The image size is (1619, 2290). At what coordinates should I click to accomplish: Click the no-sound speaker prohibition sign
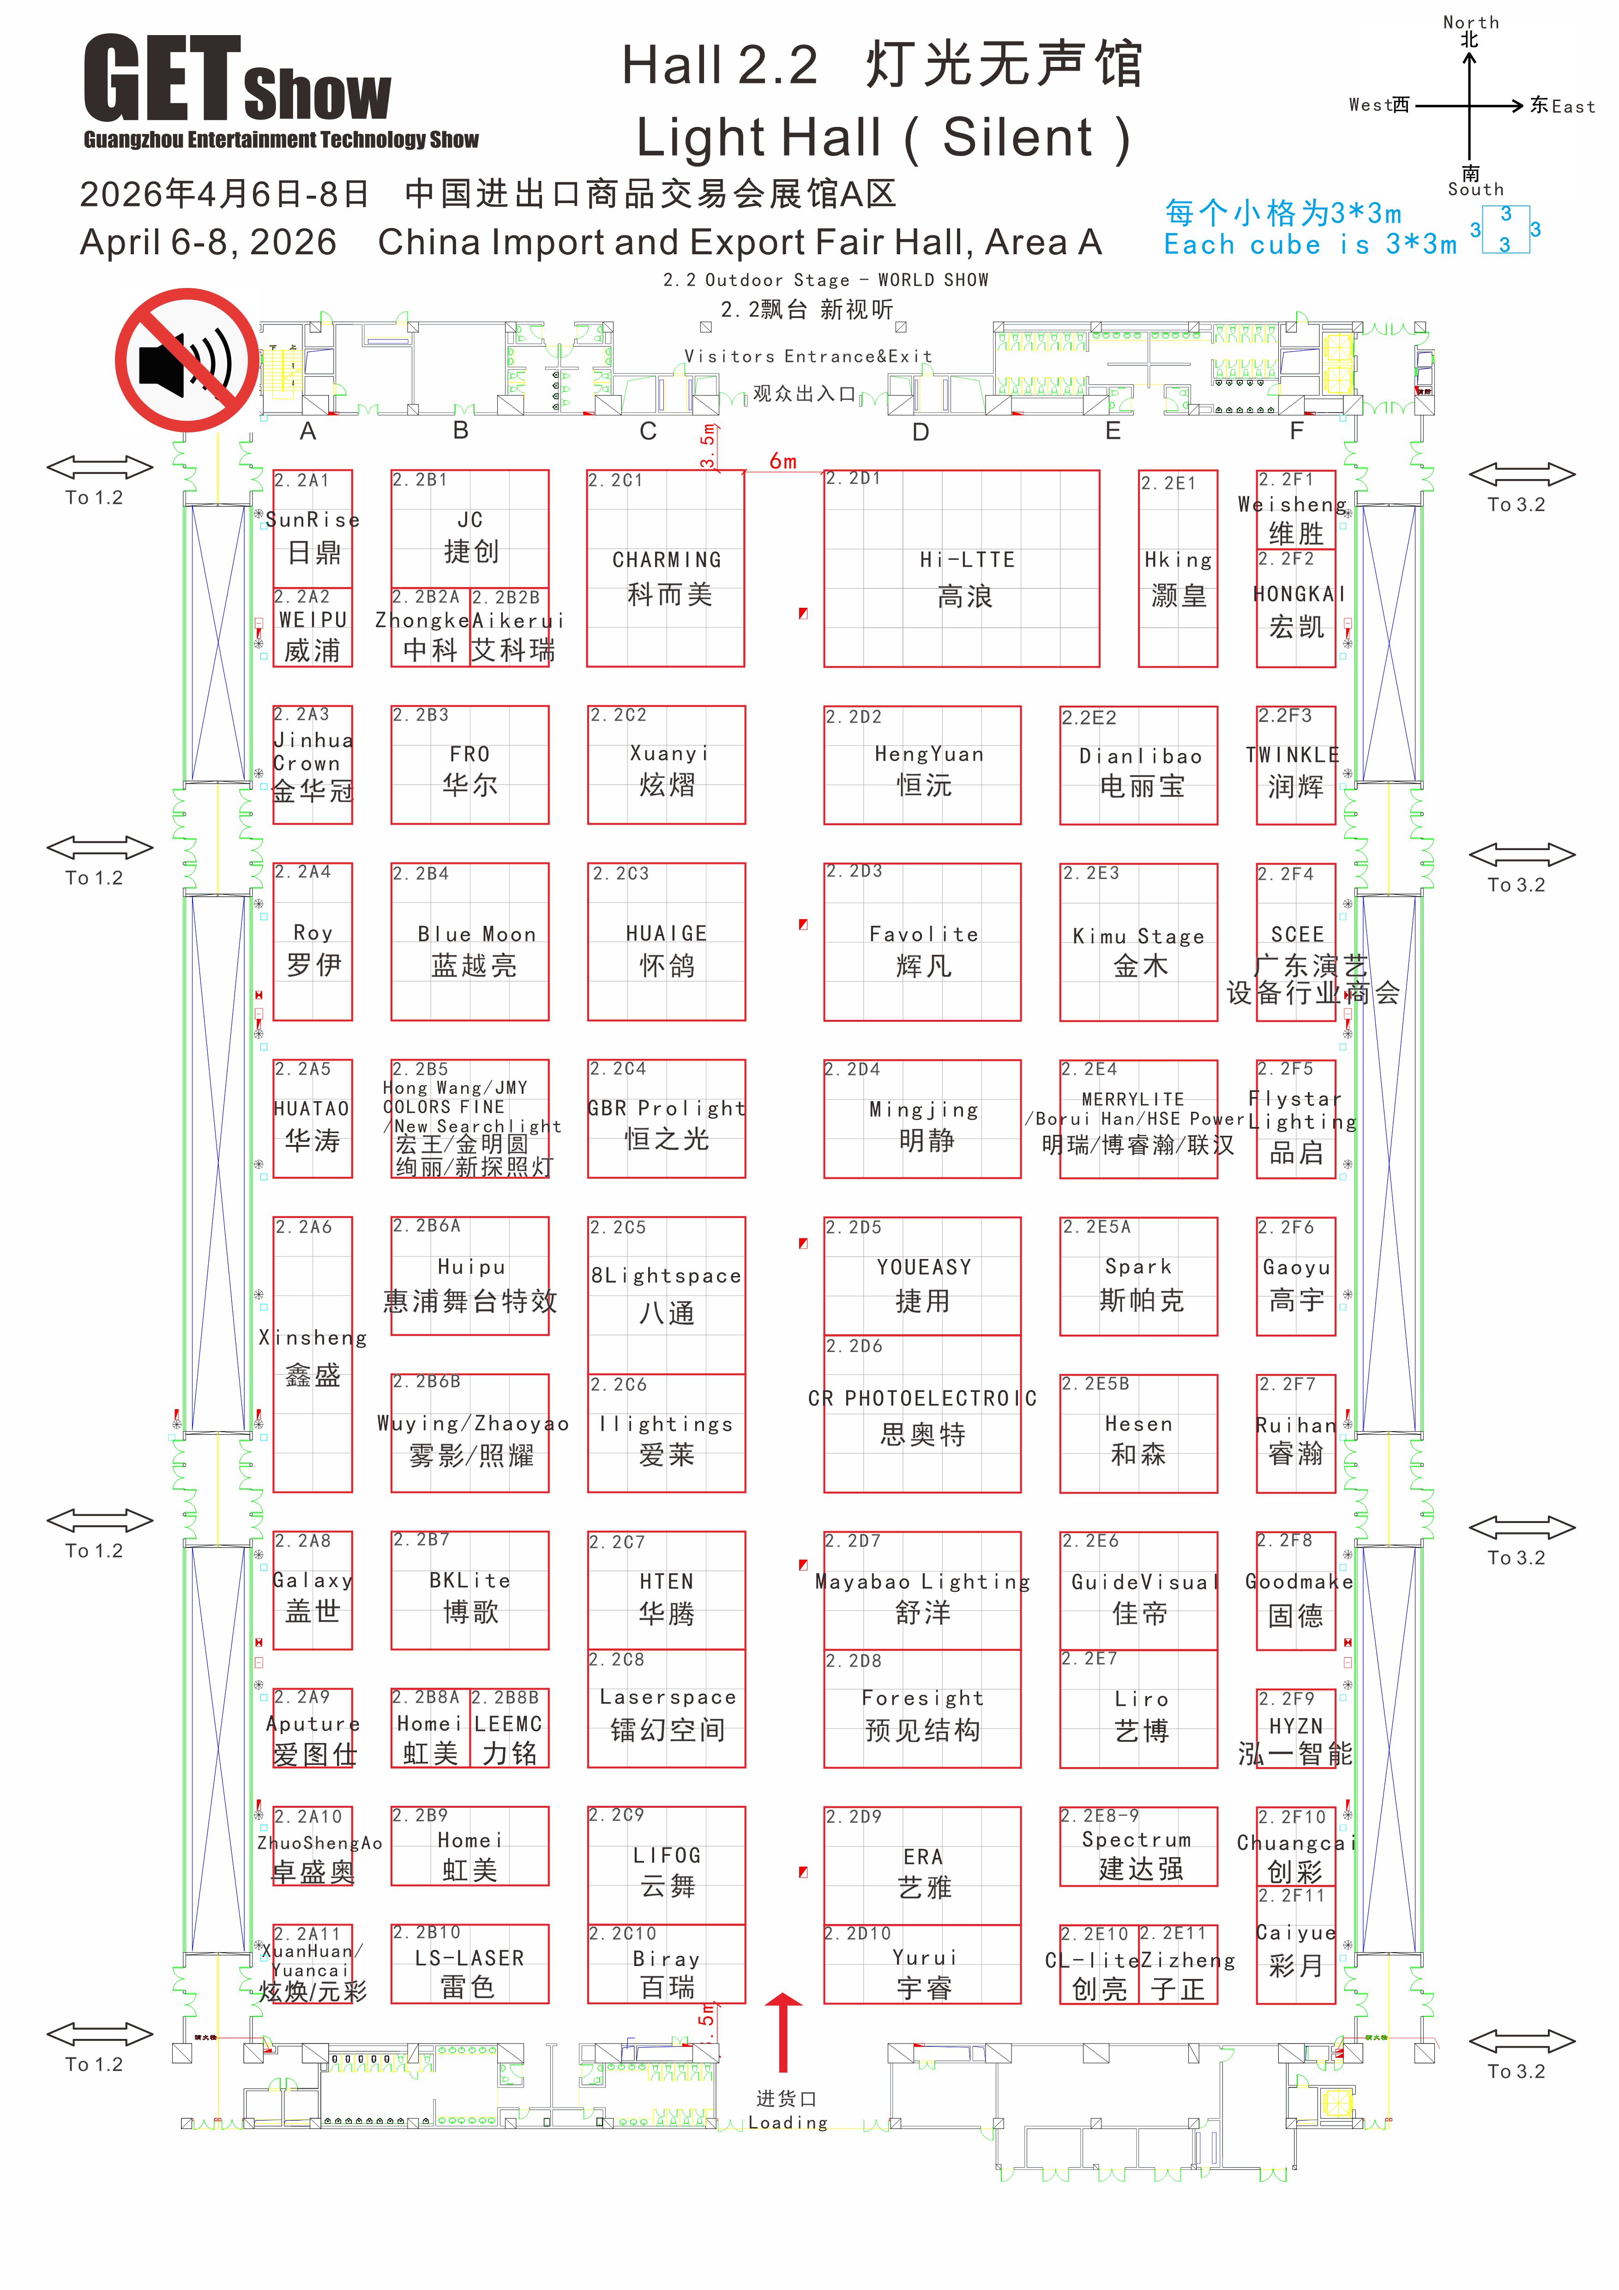pos(187,360)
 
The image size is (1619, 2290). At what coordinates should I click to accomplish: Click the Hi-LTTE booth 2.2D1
pos(962,569)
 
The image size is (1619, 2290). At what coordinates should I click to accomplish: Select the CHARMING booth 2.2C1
pos(665,569)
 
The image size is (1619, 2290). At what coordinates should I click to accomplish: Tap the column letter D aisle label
pos(921,432)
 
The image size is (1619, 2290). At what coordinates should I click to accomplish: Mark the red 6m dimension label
pos(783,461)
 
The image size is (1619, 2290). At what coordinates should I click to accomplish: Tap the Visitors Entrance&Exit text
pos(808,356)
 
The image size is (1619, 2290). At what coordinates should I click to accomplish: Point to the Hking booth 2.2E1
pos(1178,569)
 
